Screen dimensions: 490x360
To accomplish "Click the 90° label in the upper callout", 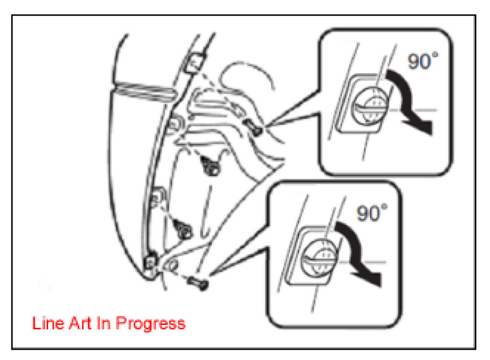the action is [x=423, y=61].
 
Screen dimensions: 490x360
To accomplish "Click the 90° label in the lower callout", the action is [x=372, y=213].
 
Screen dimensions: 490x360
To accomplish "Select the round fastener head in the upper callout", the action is [x=370, y=105].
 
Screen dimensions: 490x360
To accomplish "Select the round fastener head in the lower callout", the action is [x=319, y=257].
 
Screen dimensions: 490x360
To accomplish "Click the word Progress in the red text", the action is [x=150, y=323].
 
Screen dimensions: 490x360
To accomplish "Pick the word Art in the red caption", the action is [x=81, y=323].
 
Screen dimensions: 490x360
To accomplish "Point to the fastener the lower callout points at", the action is [x=197, y=282].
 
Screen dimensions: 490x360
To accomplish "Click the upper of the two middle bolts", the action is [x=210, y=166].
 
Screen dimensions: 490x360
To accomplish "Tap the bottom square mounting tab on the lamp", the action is [x=150, y=261].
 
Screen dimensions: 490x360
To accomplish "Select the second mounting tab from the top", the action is [x=175, y=124].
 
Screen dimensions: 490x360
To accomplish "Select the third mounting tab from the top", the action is [x=158, y=197].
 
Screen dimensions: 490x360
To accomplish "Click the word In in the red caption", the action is [x=104, y=323].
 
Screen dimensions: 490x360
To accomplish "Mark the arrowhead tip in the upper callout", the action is [x=432, y=134].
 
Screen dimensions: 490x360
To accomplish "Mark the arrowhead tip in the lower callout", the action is [x=381, y=286].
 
